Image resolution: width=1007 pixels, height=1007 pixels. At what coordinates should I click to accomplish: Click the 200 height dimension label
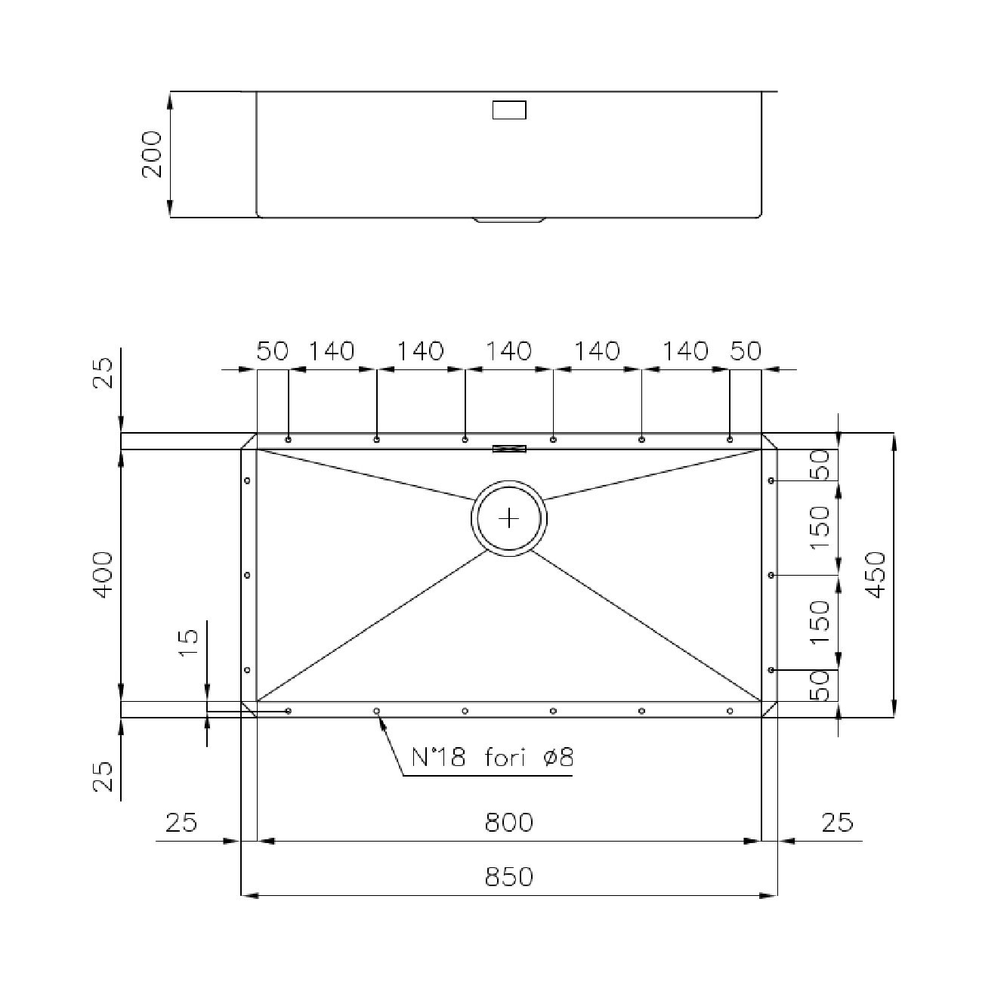point(153,154)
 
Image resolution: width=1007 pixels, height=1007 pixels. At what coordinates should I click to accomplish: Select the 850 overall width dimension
point(508,876)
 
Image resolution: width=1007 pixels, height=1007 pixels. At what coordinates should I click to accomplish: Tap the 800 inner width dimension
point(508,822)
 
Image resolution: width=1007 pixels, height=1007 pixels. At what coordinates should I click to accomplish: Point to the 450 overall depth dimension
point(876,575)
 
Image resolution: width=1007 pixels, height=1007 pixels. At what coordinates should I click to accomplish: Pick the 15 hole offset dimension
point(189,643)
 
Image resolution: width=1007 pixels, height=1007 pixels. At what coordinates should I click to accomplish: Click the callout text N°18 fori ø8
point(493,757)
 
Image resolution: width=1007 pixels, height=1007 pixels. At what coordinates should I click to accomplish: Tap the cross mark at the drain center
point(508,519)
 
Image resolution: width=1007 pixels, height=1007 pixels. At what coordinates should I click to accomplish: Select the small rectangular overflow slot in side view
point(509,110)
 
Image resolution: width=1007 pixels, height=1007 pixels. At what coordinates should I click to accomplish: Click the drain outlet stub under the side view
point(509,220)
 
